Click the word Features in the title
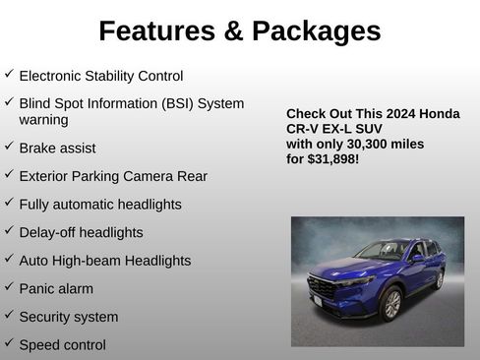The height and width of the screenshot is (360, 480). point(156,31)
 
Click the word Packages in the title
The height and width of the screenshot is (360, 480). point(316,31)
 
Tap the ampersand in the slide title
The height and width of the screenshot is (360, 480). point(234,31)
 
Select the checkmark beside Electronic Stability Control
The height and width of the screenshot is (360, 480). point(9,74)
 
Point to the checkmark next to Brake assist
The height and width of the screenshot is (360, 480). point(9,147)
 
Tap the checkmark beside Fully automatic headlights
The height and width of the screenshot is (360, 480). point(9,204)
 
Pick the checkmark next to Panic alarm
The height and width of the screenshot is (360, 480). point(9,288)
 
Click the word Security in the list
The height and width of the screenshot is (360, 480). point(46,317)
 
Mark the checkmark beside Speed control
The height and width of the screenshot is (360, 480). point(9,344)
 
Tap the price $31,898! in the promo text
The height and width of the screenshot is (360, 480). point(332,157)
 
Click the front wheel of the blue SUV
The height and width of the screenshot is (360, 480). point(390,305)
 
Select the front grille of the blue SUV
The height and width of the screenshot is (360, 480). point(323,289)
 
